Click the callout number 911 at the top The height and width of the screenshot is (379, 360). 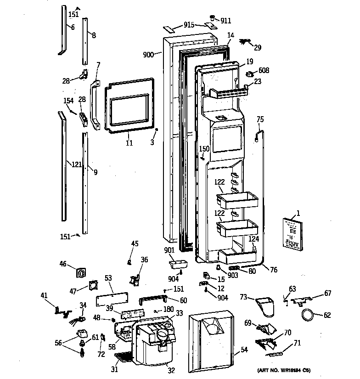tap(225, 21)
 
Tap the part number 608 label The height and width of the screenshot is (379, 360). tap(264, 70)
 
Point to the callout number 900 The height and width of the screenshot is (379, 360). tap(148, 55)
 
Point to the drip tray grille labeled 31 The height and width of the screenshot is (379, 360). tap(121, 356)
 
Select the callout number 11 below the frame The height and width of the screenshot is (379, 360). tap(129, 143)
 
